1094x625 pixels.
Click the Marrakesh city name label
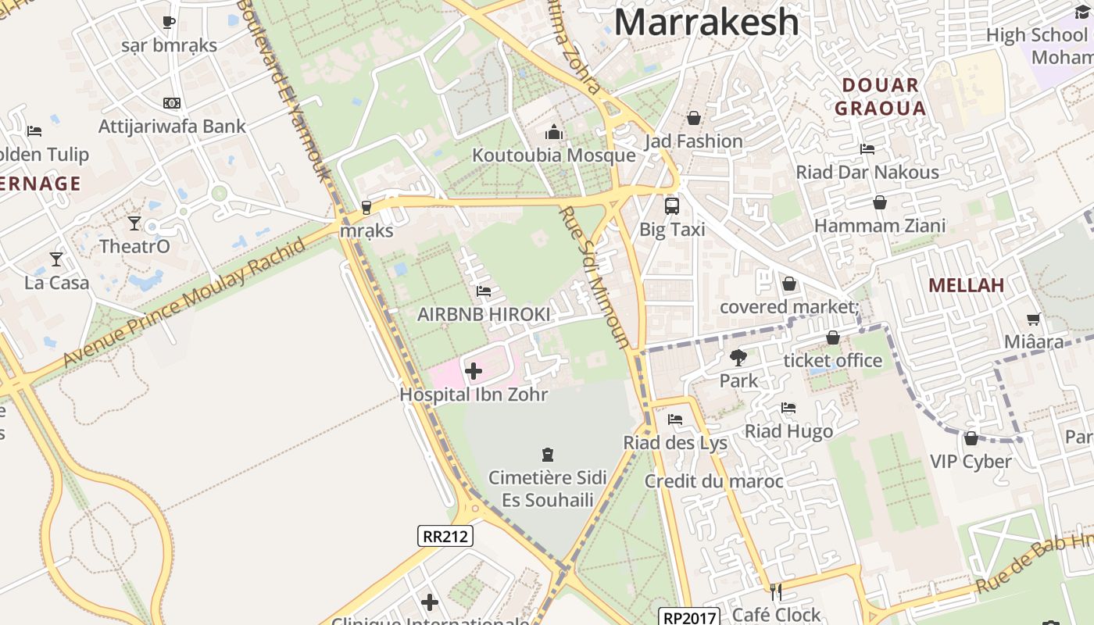click(706, 22)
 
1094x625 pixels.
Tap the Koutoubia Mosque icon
click(554, 131)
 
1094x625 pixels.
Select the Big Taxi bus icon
click(671, 205)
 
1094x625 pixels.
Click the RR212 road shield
click(445, 536)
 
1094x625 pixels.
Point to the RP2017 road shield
click(688, 617)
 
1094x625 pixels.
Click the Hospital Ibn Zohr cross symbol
click(473, 370)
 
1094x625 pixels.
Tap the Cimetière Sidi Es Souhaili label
click(547, 488)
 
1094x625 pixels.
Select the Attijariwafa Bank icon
click(171, 103)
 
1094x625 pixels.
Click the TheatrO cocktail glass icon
click(134, 223)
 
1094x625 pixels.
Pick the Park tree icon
click(738, 358)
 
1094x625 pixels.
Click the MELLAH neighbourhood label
click(966, 286)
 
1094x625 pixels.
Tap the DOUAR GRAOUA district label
click(880, 96)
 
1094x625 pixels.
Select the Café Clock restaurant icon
click(775, 591)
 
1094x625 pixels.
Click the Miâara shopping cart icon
click(1033, 319)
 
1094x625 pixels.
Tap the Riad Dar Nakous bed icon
click(867, 148)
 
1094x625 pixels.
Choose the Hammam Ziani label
click(880, 227)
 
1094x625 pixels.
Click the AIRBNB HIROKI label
click(484, 314)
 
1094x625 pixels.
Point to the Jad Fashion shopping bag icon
click(693, 118)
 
